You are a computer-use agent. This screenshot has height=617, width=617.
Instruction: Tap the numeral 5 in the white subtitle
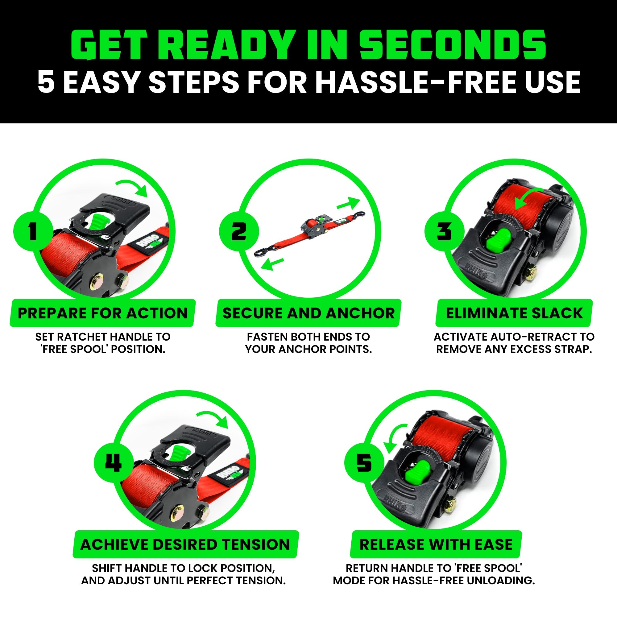pyautogui.click(x=46, y=82)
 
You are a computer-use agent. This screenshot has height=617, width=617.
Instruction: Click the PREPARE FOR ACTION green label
pyautogui.click(x=102, y=313)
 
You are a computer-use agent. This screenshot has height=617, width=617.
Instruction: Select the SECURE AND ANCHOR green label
pyautogui.click(x=308, y=313)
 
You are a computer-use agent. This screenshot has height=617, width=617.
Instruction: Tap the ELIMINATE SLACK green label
pyautogui.click(x=514, y=313)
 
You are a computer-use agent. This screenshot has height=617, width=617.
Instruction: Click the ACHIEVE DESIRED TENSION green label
pyautogui.click(x=185, y=544)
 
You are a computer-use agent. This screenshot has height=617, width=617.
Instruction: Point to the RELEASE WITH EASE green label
pyautogui.click(x=436, y=544)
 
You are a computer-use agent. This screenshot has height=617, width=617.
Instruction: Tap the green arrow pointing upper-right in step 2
pyautogui.click(x=349, y=203)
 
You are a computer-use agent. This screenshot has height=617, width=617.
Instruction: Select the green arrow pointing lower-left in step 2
pyautogui.click(x=271, y=264)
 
